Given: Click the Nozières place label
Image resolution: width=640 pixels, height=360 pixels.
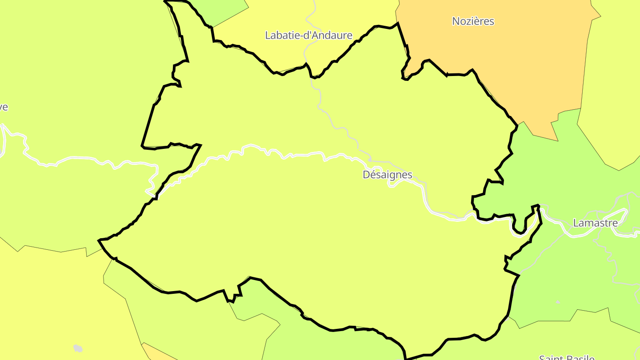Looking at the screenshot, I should click(473, 21).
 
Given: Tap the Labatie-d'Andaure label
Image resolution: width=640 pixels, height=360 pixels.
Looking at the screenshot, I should click(308, 35).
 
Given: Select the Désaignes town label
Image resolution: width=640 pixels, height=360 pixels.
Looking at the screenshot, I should click(388, 175).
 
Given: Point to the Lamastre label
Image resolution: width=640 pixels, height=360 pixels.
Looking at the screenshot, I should click(595, 223).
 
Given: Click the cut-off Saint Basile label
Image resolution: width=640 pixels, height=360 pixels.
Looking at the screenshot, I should click(567, 357).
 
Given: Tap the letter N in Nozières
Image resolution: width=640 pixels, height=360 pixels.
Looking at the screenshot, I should click(456, 21).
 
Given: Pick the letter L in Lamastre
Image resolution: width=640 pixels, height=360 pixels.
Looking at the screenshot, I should click(576, 223).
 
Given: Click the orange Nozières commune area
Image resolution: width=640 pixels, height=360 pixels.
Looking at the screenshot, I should click(511, 67).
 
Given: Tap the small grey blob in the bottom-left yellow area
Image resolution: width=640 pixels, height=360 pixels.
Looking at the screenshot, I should click(78, 348).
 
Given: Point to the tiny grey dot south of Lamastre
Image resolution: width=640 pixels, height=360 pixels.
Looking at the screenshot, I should click(558, 302).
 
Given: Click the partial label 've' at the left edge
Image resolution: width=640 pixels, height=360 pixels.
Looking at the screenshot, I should click(4, 107).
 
